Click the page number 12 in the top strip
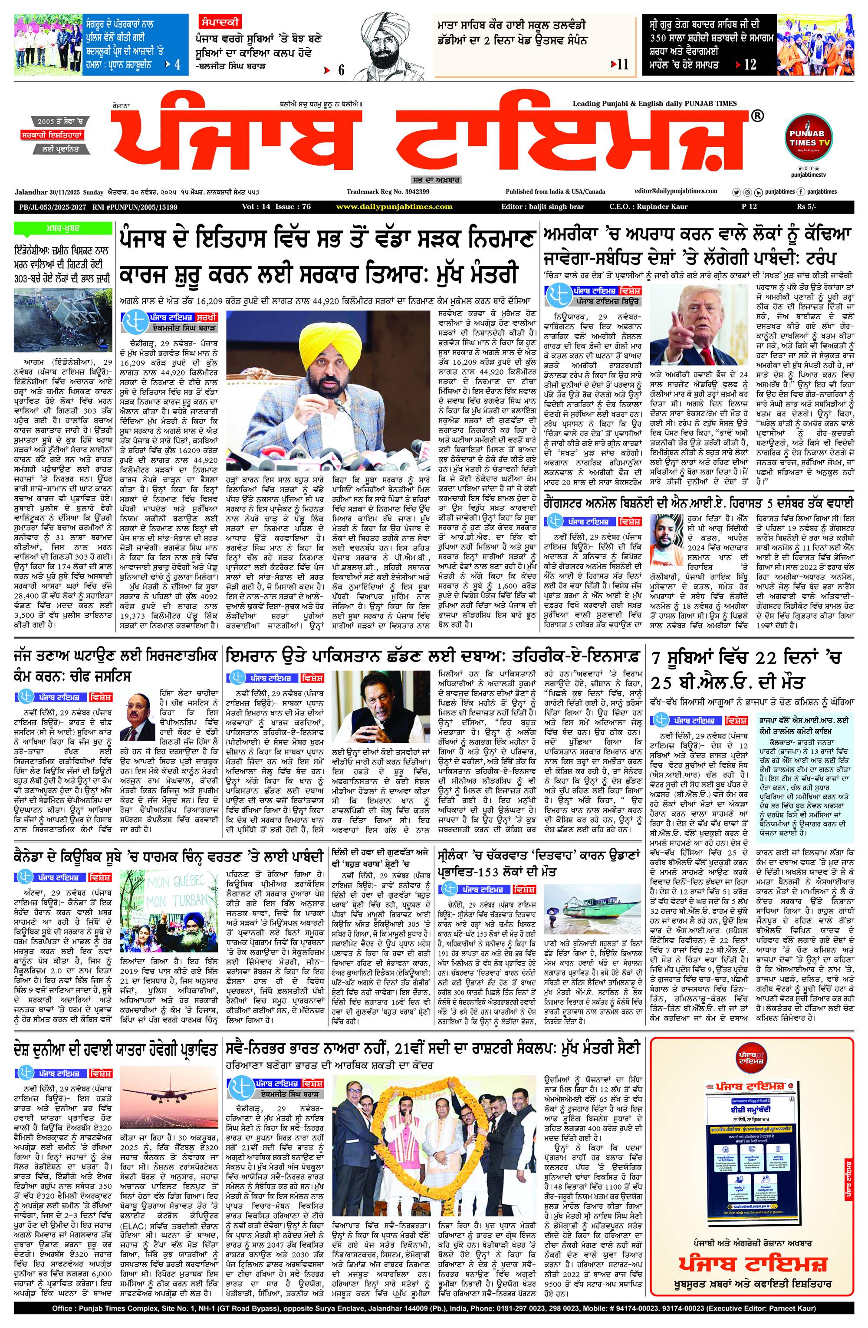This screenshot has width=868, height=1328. [x=750, y=65]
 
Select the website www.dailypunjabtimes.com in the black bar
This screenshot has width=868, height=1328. [x=395, y=207]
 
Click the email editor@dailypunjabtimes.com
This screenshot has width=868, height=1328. [x=676, y=191]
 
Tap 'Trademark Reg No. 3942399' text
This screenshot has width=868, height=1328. [x=388, y=191]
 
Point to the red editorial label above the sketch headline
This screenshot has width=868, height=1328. [x=219, y=22]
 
